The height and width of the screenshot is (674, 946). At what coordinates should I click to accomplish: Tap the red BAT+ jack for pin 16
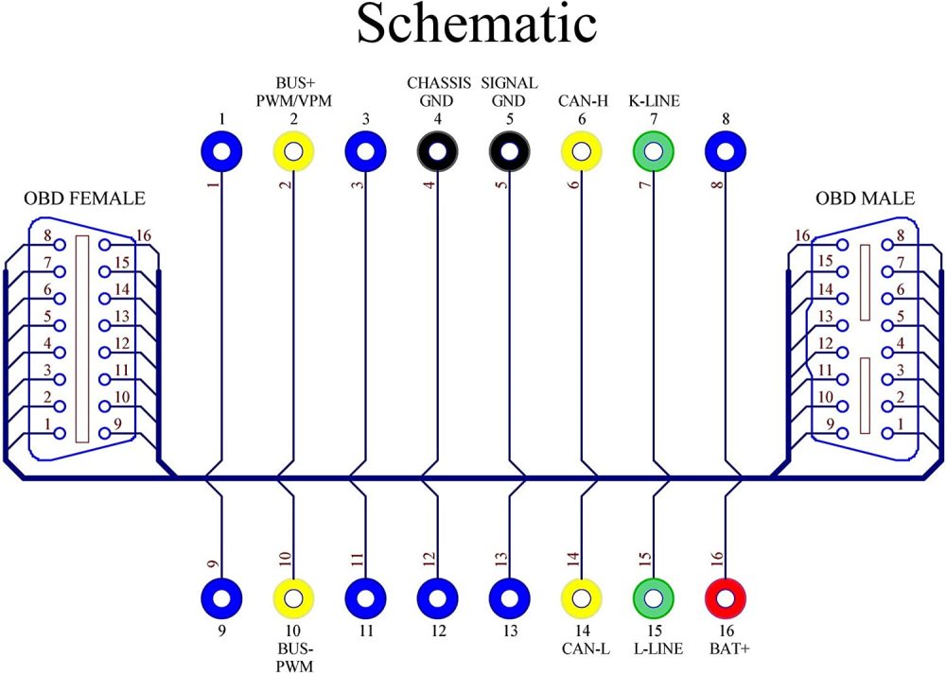pos(727,596)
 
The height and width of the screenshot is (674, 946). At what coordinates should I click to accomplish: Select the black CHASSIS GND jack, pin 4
pos(437,150)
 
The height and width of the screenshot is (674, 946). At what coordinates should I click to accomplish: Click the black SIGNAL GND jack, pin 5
pos(509,150)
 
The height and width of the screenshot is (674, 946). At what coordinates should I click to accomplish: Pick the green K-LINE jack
pos(653,150)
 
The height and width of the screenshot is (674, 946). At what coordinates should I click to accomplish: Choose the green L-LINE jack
pos(653,596)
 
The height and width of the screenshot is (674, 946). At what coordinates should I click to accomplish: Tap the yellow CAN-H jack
pos(581,150)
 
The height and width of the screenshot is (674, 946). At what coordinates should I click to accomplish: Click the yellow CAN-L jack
pos(581,596)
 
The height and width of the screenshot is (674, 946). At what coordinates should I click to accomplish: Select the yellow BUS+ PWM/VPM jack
pos(293,150)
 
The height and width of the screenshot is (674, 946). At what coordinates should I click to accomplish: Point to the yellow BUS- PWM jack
pos(293,596)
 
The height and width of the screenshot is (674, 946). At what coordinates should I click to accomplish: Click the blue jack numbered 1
pos(221,150)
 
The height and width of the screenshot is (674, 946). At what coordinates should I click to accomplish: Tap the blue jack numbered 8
pos(727,150)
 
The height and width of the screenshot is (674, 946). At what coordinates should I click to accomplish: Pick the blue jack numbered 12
pos(437,596)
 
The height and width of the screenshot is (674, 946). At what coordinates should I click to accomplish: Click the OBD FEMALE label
pos(85,199)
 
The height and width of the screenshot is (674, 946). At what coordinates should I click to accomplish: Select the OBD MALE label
pos(865,199)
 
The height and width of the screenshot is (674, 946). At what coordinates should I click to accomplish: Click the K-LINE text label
pos(654,101)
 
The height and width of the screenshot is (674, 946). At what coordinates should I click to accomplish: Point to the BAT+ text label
pos(727,648)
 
